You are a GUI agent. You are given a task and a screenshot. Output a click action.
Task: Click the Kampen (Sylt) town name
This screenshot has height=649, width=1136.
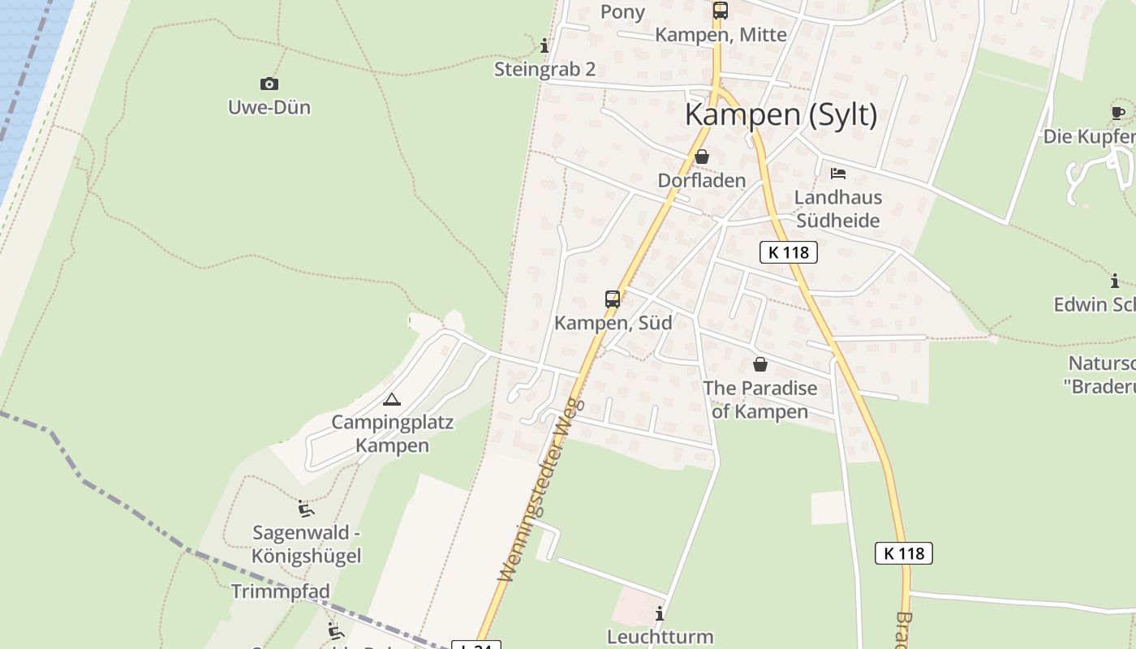tap(781, 114)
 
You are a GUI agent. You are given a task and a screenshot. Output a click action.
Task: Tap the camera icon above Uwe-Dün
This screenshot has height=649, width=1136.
tap(269, 84)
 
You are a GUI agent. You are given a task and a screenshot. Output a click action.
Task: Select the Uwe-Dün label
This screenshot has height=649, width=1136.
tap(269, 107)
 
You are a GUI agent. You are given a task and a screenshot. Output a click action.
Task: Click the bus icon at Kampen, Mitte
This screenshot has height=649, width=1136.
tap(720, 11)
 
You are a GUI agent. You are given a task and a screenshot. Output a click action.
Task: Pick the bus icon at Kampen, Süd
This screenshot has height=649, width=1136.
tap(613, 299)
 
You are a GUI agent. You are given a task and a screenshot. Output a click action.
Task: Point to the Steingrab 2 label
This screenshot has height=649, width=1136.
tap(544, 69)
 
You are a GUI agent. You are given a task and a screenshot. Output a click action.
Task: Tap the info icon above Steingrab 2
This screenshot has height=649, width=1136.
tap(544, 45)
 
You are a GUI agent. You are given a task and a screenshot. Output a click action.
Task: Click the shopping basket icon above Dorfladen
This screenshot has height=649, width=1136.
tap(702, 156)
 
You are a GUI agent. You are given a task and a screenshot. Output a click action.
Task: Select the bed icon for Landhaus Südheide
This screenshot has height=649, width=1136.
tap(838, 173)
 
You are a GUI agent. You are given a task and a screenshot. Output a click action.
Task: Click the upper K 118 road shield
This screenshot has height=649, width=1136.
tap(788, 252)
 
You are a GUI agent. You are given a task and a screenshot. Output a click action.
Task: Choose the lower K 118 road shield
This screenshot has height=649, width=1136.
tap(903, 553)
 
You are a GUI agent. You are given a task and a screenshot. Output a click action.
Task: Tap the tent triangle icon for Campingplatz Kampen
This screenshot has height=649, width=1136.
tap(392, 399)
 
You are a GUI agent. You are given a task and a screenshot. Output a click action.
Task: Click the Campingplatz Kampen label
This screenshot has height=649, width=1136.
tap(392, 434)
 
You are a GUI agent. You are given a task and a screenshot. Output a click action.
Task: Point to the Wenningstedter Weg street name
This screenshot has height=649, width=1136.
tap(542, 489)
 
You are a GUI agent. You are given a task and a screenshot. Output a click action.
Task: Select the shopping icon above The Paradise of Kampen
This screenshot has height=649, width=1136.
tap(760, 364)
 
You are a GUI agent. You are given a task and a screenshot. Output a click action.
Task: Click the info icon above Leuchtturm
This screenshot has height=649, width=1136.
tap(660, 613)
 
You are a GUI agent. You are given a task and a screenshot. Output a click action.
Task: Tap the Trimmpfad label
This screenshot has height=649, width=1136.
tap(280, 591)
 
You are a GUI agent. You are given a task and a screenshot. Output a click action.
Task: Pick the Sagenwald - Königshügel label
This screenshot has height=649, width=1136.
tap(306, 544)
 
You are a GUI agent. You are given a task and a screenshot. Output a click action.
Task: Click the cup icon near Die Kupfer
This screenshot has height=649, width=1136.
tap(1117, 113)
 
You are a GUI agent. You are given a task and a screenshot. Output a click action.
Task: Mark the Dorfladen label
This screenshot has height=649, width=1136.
tap(701, 180)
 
